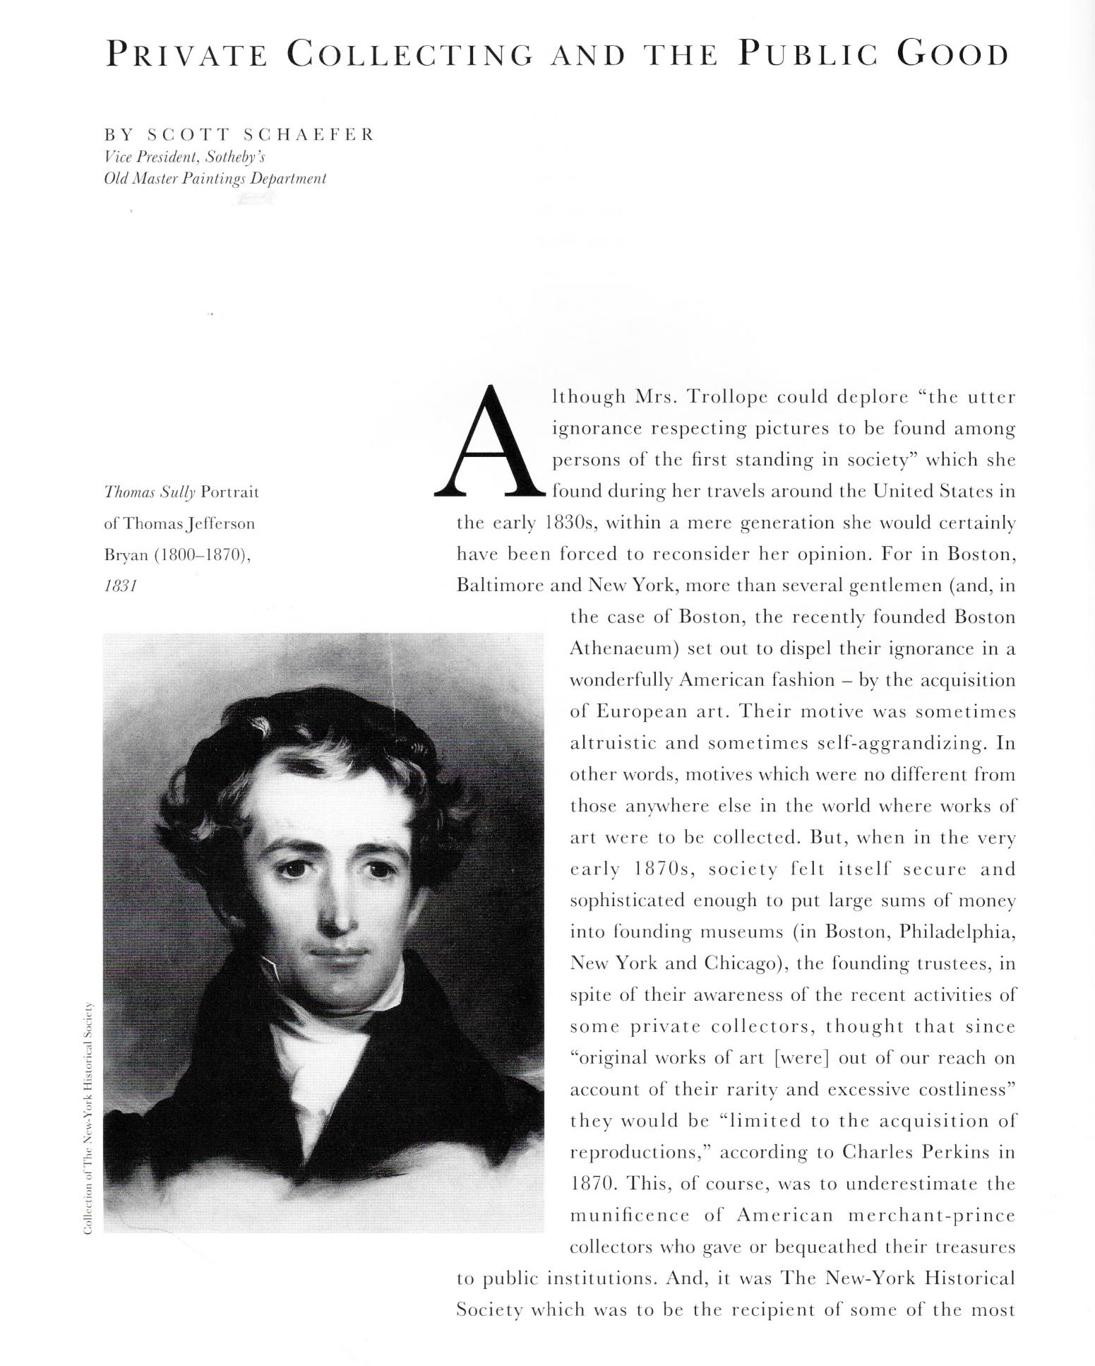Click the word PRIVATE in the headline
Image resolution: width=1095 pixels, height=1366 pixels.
click(186, 55)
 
